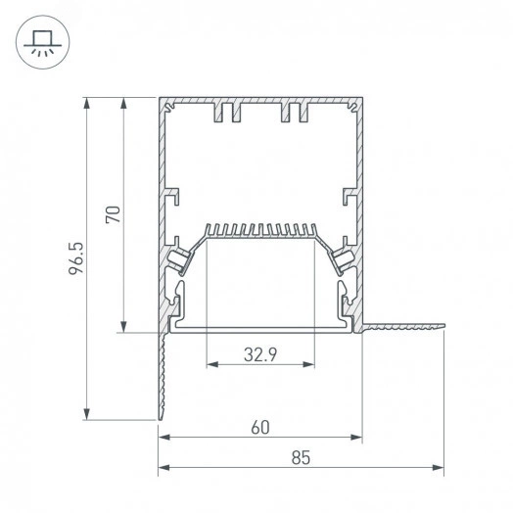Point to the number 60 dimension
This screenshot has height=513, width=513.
tap(259, 427)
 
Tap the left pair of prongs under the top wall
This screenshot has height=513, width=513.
tap(226, 113)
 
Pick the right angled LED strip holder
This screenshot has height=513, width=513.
tap(343, 259)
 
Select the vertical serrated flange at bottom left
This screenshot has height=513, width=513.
tap(162, 377)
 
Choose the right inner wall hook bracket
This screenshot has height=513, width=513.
tap(348, 197)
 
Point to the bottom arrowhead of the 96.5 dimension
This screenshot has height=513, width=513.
tap(88, 415)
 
